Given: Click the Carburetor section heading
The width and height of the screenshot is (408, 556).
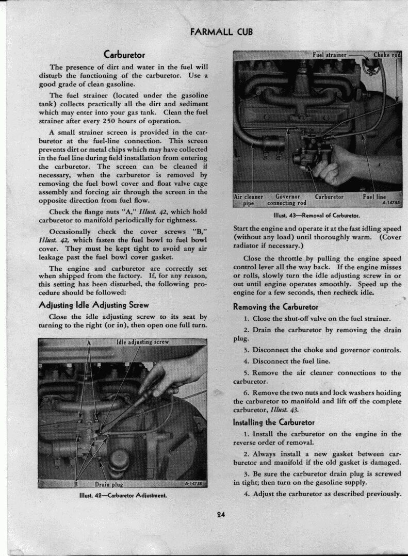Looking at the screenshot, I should click(x=124, y=55).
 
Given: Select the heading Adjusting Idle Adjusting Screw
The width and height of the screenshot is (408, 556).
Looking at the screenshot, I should click(x=94, y=304).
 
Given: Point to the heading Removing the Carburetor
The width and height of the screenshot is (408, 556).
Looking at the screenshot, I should click(x=275, y=307).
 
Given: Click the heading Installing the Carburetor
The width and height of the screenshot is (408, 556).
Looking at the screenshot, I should click(x=274, y=422).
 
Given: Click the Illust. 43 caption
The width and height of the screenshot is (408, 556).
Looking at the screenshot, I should click(x=316, y=215).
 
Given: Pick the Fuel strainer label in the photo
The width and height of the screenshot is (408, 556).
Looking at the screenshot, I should click(x=329, y=55).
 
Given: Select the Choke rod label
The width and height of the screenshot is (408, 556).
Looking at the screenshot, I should click(x=387, y=55).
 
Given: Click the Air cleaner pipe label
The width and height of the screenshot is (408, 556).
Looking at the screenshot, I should click(x=249, y=200).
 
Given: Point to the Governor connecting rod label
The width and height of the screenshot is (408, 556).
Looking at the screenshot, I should click(x=291, y=200).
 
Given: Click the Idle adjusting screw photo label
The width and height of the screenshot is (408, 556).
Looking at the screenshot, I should click(x=142, y=342).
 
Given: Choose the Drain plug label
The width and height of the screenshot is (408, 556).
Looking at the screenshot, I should click(x=108, y=484).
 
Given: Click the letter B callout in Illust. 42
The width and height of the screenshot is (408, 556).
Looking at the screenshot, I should click(x=76, y=484).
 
